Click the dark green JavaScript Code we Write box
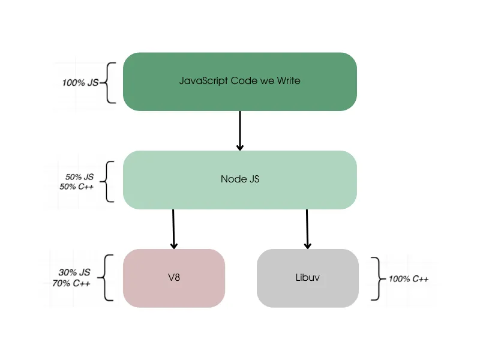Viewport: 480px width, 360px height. tap(240, 96)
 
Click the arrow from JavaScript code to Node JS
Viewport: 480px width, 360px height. tap(240, 130)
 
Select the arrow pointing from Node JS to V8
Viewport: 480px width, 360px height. tap(174, 229)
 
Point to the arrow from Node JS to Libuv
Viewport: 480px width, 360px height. tap(308, 229)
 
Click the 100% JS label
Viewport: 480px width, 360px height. tap(80, 82)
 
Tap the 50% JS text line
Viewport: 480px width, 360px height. tap(79, 177)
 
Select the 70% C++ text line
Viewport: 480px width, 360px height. tap(71, 283)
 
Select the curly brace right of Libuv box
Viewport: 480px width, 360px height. tap(376, 278)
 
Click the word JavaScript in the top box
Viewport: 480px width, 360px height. tap(203, 80)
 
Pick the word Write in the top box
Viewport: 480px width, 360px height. tap(289, 80)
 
